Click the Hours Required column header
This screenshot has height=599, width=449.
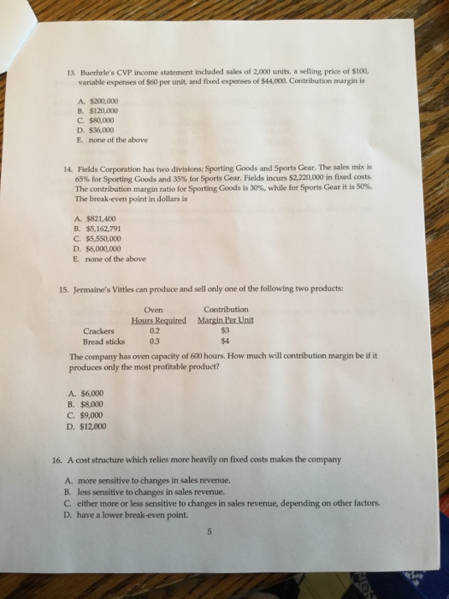(160, 319)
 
